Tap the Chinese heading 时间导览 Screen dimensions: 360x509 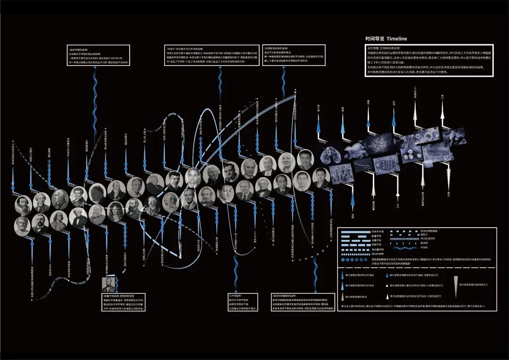click(x=376, y=39)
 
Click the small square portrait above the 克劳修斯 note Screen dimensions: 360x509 click(x=108, y=285)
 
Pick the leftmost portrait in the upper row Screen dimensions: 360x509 click(x=23, y=204)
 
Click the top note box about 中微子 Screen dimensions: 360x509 click(x=212, y=55)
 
